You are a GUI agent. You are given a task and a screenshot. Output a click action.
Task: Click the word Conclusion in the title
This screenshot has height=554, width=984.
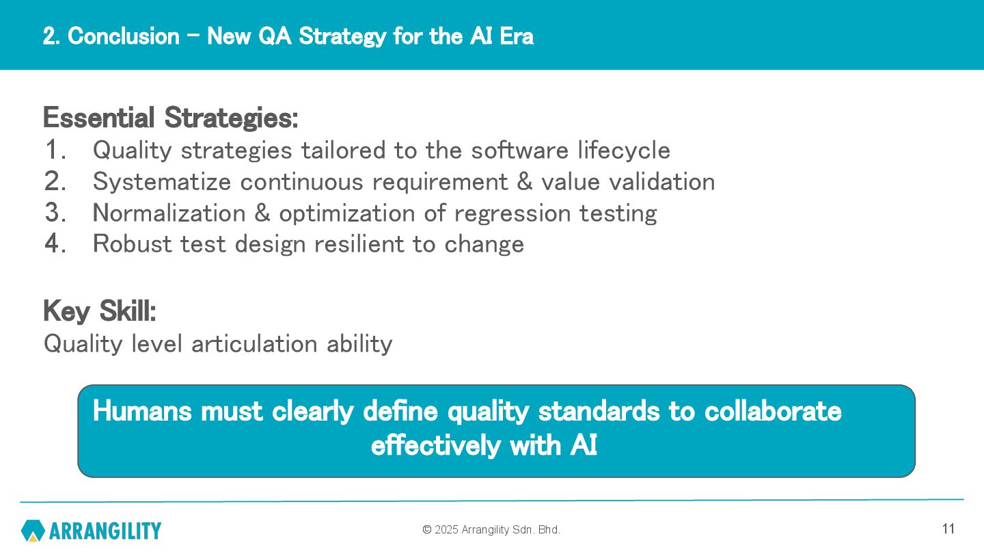click(124, 36)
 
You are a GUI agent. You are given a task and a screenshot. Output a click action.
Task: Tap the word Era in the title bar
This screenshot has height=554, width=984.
click(517, 36)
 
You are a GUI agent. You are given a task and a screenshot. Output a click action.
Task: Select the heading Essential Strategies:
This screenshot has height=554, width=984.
click(170, 118)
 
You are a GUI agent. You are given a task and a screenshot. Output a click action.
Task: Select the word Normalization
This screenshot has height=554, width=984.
click(169, 213)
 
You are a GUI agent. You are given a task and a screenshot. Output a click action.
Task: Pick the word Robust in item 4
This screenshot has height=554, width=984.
click(133, 243)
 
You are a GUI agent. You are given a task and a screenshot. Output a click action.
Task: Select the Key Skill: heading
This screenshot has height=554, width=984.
click(100, 311)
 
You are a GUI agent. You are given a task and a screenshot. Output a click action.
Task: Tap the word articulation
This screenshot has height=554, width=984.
click(254, 344)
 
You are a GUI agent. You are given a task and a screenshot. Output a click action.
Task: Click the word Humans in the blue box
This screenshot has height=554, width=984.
click(142, 412)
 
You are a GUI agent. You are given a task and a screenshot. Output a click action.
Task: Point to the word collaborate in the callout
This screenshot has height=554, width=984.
click(773, 412)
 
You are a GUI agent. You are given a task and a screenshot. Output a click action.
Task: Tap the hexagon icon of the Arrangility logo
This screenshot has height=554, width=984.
click(33, 531)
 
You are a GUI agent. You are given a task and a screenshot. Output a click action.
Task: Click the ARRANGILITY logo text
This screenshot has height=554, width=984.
click(105, 531)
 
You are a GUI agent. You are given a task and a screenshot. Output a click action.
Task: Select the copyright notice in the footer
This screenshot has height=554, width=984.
click(491, 530)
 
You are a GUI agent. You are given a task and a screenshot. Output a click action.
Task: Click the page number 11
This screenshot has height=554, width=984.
click(948, 529)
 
